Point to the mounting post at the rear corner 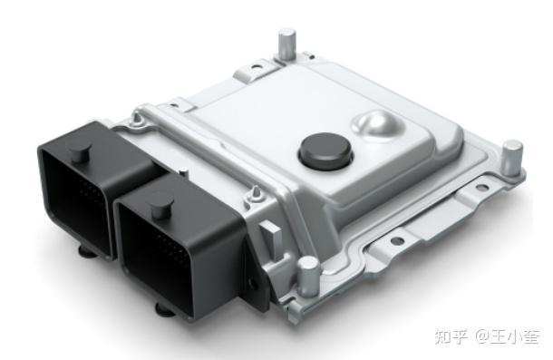click(286, 43)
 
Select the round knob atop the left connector click(80, 151)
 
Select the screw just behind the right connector click(256, 192)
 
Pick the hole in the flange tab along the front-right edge click(395, 242)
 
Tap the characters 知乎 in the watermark click(451, 337)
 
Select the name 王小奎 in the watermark click(516, 337)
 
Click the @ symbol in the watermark click(480, 337)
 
